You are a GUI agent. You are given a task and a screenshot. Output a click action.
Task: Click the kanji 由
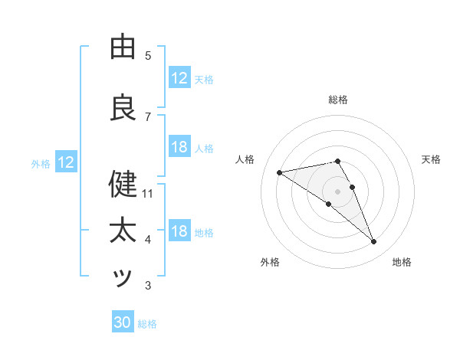pyautogui.click(x=123, y=47)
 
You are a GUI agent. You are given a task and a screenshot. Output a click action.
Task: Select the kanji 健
pyautogui.click(x=123, y=185)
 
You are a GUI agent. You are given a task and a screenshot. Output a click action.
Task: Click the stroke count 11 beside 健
pyautogui.click(x=148, y=194)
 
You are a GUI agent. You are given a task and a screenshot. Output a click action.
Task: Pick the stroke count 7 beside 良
pyautogui.click(x=148, y=117)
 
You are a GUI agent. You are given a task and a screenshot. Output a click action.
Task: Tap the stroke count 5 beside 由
pyautogui.click(x=148, y=56)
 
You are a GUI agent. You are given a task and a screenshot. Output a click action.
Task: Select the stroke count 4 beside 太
pyautogui.click(x=148, y=241)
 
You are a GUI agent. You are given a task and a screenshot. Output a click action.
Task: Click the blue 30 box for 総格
pyautogui.click(x=123, y=322)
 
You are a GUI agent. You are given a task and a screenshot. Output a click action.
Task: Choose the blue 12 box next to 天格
pyautogui.click(x=179, y=77)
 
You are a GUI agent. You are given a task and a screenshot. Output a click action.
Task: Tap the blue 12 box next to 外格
pyautogui.click(x=66, y=162)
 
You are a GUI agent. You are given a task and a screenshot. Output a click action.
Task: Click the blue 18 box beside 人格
pyautogui.click(x=179, y=147)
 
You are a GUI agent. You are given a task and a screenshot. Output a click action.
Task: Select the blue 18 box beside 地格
pyautogui.click(x=179, y=231)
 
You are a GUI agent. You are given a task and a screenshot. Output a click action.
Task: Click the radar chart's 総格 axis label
pyautogui.click(x=338, y=100)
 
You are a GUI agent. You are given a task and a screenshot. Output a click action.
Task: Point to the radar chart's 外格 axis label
pyautogui.click(x=270, y=262)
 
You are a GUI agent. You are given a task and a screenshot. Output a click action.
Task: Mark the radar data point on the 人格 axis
pyautogui.click(x=279, y=172)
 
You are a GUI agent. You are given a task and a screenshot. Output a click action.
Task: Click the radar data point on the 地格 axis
pyautogui.click(x=374, y=242)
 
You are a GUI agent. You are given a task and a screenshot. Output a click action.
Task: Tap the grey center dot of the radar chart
pyautogui.click(x=337, y=191)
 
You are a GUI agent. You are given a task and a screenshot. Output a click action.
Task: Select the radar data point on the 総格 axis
pyautogui.click(x=337, y=161)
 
